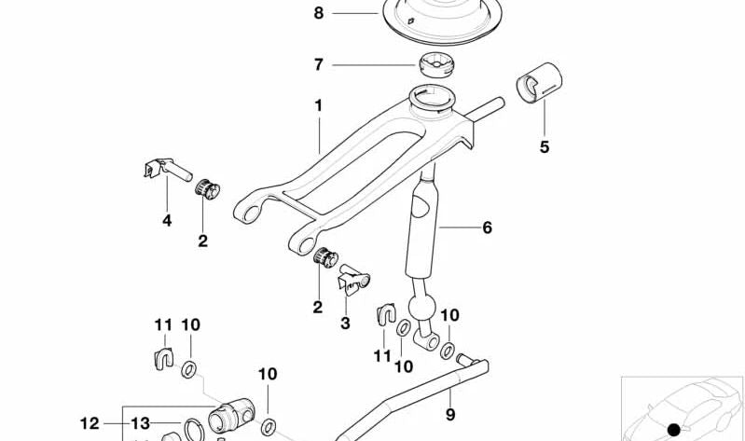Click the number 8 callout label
click(x=318, y=13)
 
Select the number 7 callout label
click(x=318, y=65)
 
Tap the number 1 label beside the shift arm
click(x=318, y=106)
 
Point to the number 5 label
click(x=545, y=146)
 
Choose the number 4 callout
click(x=167, y=221)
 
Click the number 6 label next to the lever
click(x=486, y=227)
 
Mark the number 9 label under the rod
click(x=449, y=414)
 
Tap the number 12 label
click(x=89, y=423)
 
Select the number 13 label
click(x=140, y=423)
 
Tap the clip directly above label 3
click(x=352, y=277)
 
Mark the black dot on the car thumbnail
click(x=673, y=430)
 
